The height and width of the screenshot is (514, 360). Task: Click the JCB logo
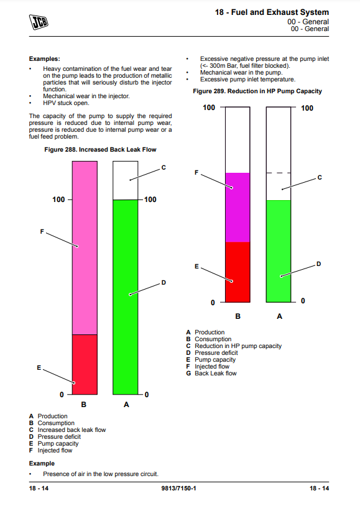tap(39, 22)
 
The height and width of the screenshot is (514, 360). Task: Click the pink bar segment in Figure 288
tap(85, 248)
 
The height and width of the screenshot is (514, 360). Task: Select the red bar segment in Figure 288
tap(85, 364)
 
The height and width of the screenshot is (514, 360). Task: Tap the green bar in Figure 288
tap(125, 297)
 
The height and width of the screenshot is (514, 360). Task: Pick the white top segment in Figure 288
tap(125, 180)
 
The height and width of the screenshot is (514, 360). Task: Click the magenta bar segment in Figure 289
tap(238, 207)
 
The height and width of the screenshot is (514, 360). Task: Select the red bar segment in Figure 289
tap(238, 272)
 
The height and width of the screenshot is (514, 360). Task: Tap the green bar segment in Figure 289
tap(279, 251)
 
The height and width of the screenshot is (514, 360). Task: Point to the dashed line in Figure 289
tap(279, 173)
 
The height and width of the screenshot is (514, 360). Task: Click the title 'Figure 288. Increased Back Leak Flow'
tap(100, 150)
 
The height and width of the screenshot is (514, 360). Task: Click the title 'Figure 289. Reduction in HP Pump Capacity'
tap(257, 91)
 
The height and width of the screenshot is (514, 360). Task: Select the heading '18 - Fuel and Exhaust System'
tap(272, 12)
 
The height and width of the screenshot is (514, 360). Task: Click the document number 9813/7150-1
tap(178, 488)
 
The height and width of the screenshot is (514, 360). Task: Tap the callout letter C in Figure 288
tap(164, 168)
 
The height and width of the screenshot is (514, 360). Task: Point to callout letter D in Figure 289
tap(319, 264)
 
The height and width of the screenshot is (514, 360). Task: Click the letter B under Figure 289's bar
tap(238, 316)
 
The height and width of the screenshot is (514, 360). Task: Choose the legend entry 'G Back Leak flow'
tap(211, 374)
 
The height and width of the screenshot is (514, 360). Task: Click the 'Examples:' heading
tap(45, 59)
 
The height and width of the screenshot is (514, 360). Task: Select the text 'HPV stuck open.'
tap(66, 103)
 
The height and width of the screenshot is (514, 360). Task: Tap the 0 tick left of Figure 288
tap(62, 395)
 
